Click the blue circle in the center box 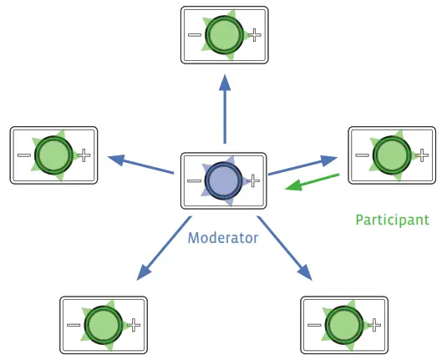pyautogui.click(x=224, y=180)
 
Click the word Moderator pyautogui.click(x=223, y=237)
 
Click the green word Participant pyautogui.click(x=392, y=220)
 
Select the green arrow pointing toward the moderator pyautogui.click(x=312, y=181)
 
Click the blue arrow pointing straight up pyautogui.click(x=224, y=108)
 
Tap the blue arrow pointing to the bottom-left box pyautogui.click(x=164, y=247)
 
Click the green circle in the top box pyautogui.click(x=224, y=35)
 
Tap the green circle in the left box pyautogui.click(x=53, y=155)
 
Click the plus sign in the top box pyautogui.click(x=256, y=35)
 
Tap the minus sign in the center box pyautogui.click(x=194, y=180)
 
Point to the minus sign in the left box pyautogui.click(x=24, y=155)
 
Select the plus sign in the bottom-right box pyautogui.click(x=374, y=324)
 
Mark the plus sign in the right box pyautogui.click(x=423, y=155)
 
